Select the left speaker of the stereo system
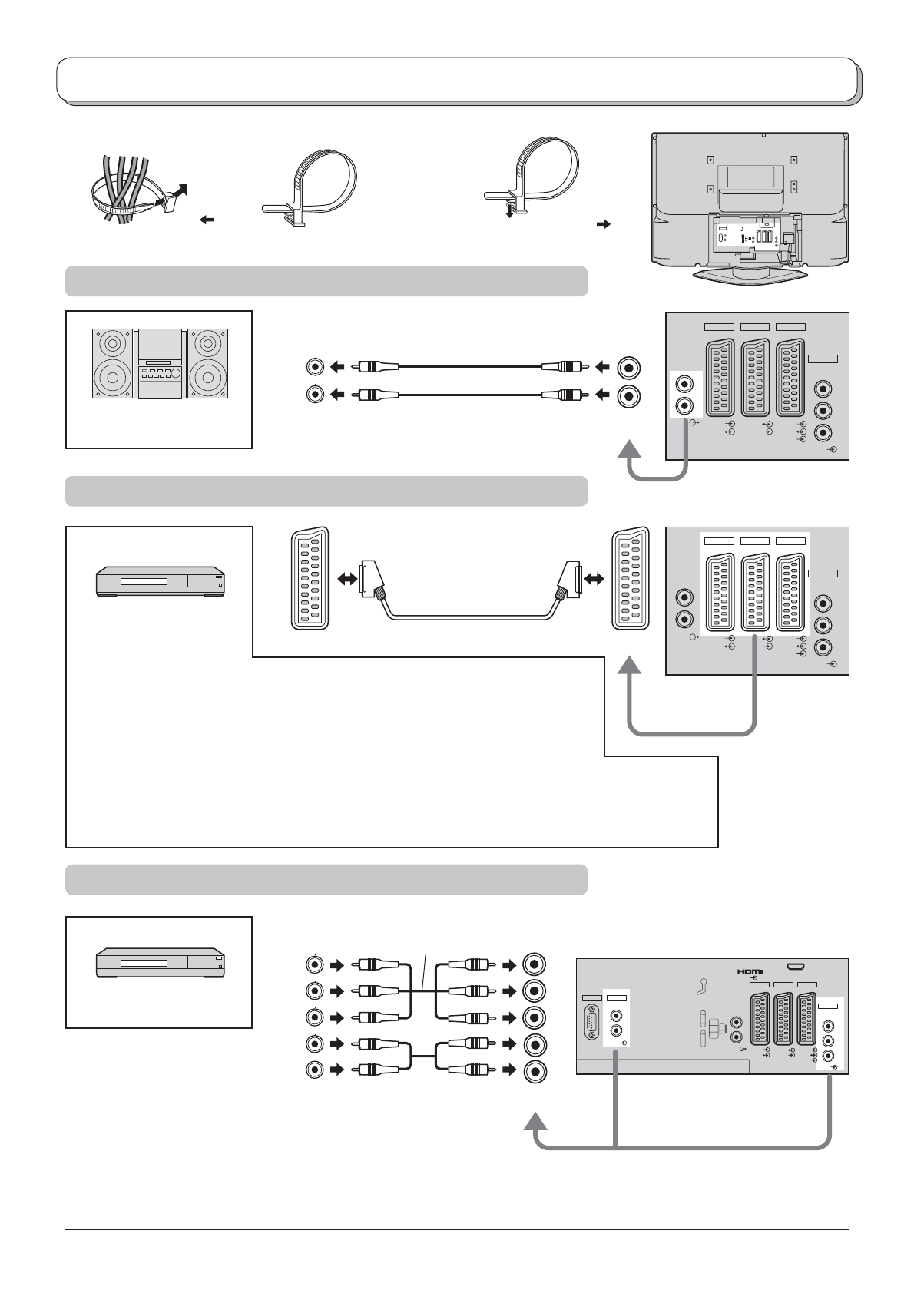pos(114,363)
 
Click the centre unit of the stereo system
pos(161,363)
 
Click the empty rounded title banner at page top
pos(458,79)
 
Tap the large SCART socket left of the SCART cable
pos(310,577)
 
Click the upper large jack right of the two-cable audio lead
pos(629,368)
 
